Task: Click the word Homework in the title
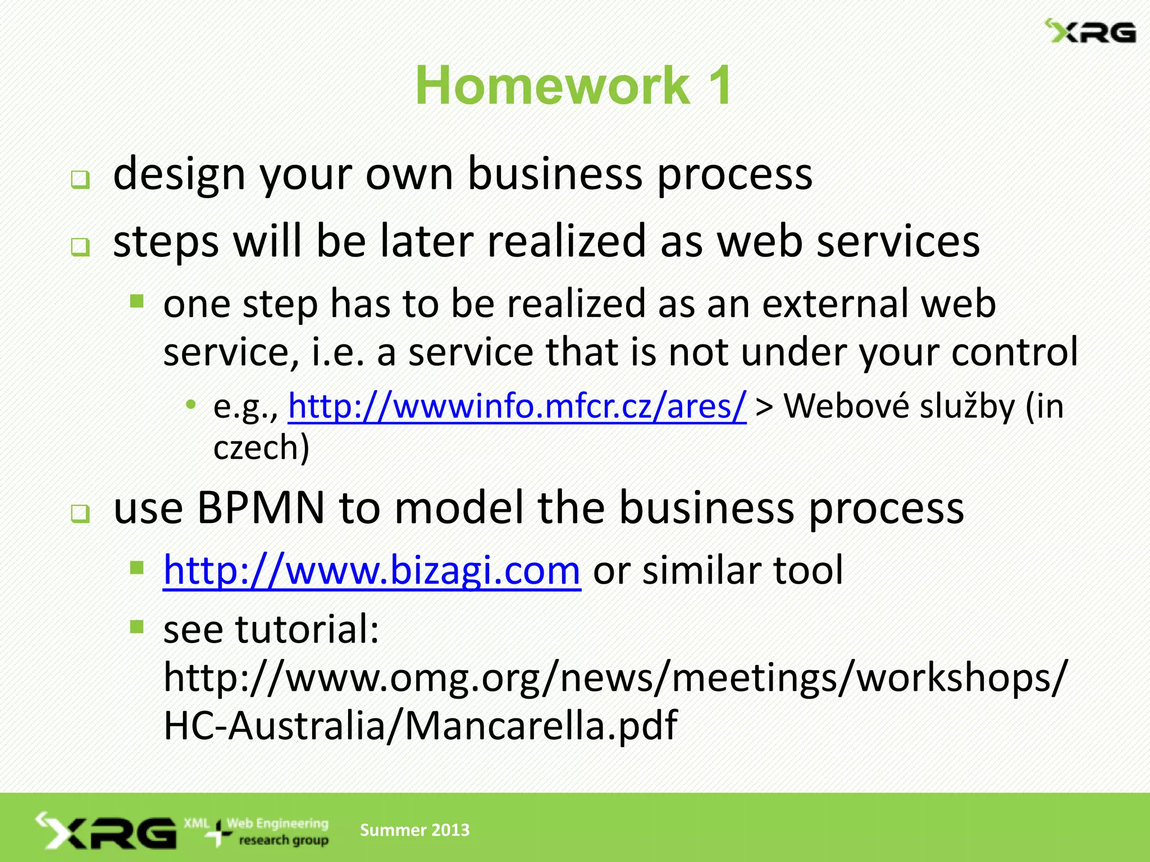tap(553, 85)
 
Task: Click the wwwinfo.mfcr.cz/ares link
tap(517, 406)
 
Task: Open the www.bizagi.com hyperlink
tap(372, 570)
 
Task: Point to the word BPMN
tap(261, 508)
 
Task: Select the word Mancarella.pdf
tap(541, 726)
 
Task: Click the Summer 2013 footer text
tap(414, 830)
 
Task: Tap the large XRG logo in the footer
tap(107, 832)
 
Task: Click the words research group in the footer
tap(284, 841)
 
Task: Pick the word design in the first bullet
tap(179, 174)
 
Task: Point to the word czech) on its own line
tap(261, 448)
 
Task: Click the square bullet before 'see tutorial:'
tap(137, 626)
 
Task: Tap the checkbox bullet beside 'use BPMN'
tap(80, 513)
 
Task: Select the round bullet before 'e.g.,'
tap(191, 404)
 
